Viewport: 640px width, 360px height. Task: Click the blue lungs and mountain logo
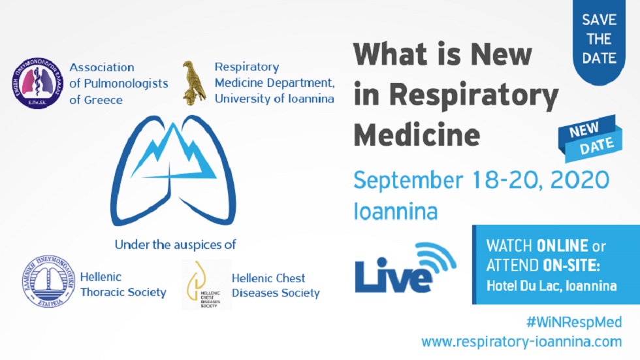coord(173,171)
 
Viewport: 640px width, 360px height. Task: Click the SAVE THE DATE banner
coord(599,39)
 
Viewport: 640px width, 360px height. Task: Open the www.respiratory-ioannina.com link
coord(521,341)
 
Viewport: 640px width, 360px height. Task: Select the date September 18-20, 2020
coord(481,180)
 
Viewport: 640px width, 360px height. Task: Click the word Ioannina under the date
coord(395,211)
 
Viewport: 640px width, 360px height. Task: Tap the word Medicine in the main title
coord(417,135)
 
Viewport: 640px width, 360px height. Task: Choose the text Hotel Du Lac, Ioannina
coord(551,286)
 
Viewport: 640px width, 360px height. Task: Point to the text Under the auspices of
coord(175,245)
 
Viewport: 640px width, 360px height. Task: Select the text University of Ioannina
coord(274,99)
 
